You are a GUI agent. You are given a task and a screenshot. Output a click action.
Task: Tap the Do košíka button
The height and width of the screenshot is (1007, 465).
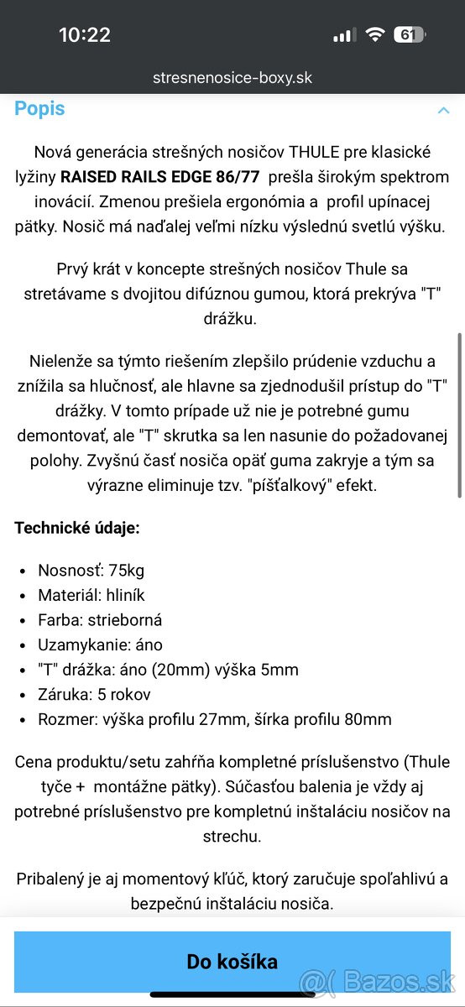(x=232, y=961)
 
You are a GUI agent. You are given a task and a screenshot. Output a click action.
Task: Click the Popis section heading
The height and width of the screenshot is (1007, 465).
(x=39, y=108)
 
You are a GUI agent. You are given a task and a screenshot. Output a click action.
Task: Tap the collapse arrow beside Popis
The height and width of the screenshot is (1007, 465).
(x=442, y=110)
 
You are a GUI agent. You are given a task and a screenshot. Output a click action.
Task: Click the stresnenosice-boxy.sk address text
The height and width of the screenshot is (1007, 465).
(x=232, y=78)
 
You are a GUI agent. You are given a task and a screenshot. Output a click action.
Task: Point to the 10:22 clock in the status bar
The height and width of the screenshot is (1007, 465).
(x=85, y=34)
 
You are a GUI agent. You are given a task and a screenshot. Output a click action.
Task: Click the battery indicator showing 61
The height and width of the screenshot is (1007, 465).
(x=409, y=34)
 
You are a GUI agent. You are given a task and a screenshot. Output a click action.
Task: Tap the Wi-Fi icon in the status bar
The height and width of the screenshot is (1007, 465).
(x=374, y=34)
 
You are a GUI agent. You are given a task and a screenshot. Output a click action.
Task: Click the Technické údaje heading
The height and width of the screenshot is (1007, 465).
(x=77, y=528)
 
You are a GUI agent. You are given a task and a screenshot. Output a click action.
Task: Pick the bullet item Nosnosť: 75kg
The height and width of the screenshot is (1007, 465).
(x=91, y=571)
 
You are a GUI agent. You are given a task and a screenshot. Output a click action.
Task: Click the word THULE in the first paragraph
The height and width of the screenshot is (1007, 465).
(x=310, y=152)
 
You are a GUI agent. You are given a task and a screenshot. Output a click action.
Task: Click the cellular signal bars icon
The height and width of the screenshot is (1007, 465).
(x=344, y=35)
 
